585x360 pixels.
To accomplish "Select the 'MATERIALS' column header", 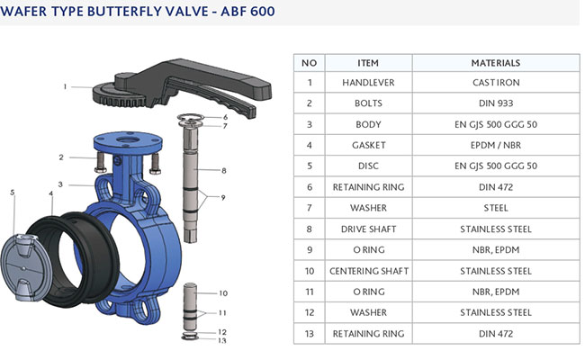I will tap(495, 63).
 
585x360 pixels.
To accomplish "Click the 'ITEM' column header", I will tap(369, 63).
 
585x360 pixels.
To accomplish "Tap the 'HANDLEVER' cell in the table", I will tap(369, 83).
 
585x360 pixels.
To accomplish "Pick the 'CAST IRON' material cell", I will tap(495, 83).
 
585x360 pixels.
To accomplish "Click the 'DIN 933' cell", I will tap(495, 103).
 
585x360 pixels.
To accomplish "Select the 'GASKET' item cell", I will tap(369, 145).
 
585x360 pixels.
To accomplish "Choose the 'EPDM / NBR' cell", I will tap(495, 145).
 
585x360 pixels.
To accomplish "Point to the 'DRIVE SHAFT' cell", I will tap(369, 229).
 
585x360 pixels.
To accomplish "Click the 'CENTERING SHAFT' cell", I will tap(369, 270).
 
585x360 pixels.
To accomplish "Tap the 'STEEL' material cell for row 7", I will tap(495, 208).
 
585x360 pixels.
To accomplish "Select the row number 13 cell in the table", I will tap(309, 333).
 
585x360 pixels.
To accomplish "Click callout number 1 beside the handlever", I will tap(65, 87).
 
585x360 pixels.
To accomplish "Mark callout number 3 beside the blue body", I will tap(60, 184).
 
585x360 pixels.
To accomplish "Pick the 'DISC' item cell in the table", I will tap(369, 166).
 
